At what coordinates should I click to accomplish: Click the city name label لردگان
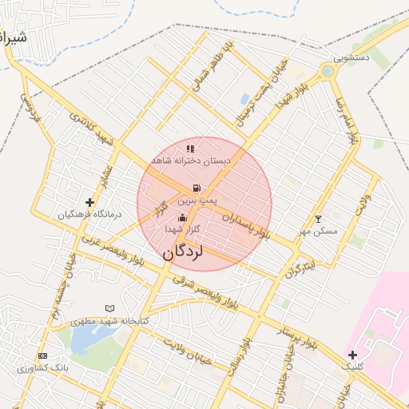(x=183, y=252)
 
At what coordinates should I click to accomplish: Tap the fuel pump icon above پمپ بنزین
(x=197, y=187)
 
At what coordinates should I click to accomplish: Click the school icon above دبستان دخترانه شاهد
(x=190, y=149)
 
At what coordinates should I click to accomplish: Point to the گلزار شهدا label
(x=181, y=229)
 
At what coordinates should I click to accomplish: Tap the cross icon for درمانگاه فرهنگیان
(x=89, y=203)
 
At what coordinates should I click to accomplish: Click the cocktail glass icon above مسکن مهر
(x=319, y=219)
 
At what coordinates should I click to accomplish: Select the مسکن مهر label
(x=319, y=231)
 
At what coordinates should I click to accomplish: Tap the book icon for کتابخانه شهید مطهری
(x=110, y=308)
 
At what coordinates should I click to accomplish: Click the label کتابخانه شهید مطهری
(x=110, y=320)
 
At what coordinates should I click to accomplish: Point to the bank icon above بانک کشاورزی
(x=42, y=355)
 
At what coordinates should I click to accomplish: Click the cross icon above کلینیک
(x=352, y=354)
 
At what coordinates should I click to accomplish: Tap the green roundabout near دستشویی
(x=328, y=72)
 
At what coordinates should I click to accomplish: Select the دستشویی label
(x=351, y=58)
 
